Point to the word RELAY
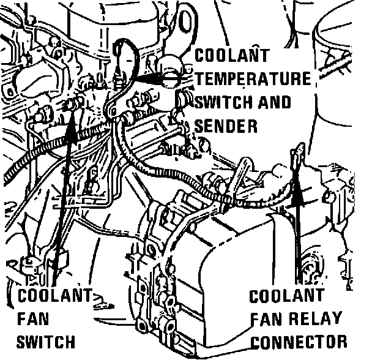click(310, 318)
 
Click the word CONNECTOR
click(299, 340)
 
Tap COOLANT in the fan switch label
click(55, 297)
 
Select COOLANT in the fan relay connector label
click(287, 296)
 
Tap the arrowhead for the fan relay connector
click(298, 191)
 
